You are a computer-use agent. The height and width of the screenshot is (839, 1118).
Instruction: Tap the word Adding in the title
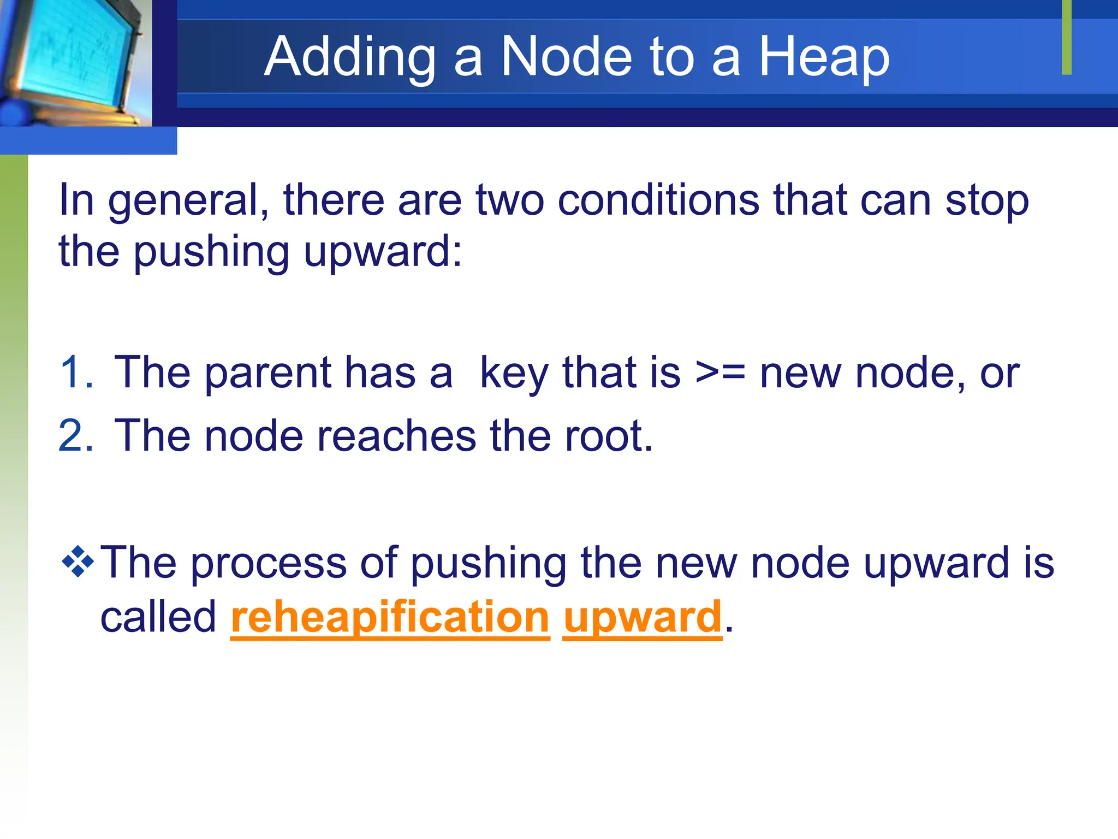350,57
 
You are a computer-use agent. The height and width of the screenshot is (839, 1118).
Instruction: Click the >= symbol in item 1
720,373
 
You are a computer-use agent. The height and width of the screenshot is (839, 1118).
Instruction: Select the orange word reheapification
390,618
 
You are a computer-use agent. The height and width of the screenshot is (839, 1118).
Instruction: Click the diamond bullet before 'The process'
78,562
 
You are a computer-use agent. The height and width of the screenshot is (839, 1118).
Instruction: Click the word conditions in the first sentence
658,200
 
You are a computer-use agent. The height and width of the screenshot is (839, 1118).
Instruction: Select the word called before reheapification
158,618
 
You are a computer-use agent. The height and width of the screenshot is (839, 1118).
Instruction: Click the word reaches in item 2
396,436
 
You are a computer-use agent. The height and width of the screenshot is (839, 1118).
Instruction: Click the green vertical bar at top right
1067,37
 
